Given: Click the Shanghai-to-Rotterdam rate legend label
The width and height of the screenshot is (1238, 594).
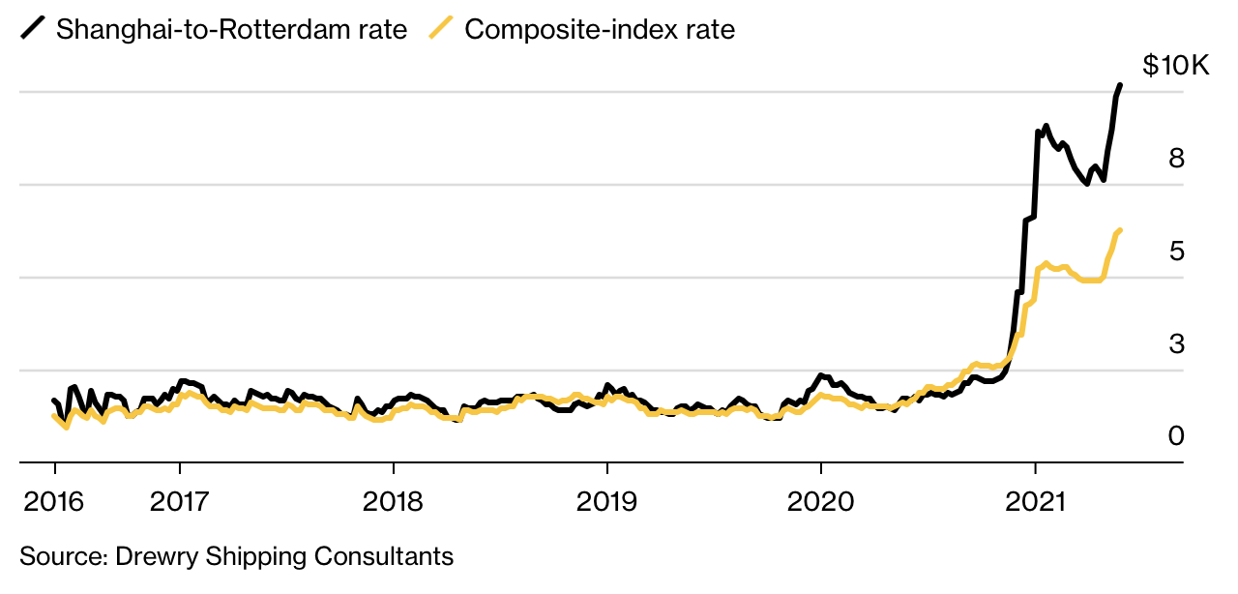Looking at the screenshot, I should click(x=231, y=29).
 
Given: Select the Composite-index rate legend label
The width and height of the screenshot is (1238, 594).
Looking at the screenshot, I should click(x=600, y=29).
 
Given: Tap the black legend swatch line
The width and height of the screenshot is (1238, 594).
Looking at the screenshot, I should click(x=34, y=29).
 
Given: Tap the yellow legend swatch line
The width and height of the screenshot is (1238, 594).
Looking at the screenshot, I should click(x=442, y=29).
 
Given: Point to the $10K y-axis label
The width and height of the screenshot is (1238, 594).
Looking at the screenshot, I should click(x=1175, y=66).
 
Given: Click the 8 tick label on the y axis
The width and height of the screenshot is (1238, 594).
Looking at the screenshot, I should click(x=1176, y=158).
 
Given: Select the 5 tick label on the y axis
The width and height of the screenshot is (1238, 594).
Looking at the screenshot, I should click(x=1176, y=251).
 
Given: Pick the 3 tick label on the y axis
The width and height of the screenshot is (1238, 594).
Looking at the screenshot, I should click(x=1176, y=343).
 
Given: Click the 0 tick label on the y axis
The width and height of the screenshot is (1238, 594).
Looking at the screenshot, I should click(x=1176, y=436).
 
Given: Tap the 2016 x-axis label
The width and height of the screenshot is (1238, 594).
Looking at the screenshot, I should click(x=54, y=501).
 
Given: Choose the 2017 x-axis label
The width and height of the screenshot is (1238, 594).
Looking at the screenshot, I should click(x=180, y=501).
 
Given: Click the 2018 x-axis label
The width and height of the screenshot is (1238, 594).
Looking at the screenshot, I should click(x=393, y=501).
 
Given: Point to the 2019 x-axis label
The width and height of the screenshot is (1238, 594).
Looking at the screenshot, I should click(x=606, y=501).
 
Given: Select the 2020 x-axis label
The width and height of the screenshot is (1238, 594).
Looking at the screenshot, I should click(x=820, y=501).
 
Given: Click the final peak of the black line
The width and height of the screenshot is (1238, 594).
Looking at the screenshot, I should click(x=1120, y=85).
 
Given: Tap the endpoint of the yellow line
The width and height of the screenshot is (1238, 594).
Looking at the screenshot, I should click(x=1120, y=230).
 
